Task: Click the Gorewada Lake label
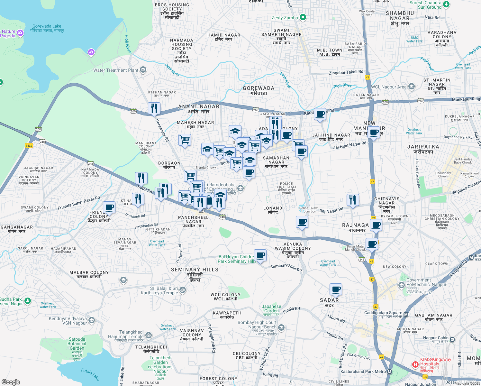coord(47,28)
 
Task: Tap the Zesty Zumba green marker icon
coord(303,17)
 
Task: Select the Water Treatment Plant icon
coord(143,70)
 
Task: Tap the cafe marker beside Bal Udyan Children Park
coord(260,255)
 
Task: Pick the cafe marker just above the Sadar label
coord(336,289)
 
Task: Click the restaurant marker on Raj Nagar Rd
coord(353,200)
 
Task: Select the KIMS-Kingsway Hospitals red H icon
coord(415,364)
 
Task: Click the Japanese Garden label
coord(271,309)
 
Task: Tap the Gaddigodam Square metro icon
coord(406,314)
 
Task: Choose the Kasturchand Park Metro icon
coord(390,372)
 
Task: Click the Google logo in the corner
coord(11,382)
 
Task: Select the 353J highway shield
coord(29,145)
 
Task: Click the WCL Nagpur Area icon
coord(412,87)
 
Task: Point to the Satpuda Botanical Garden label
coord(77,344)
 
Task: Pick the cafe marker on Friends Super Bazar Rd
coord(109,207)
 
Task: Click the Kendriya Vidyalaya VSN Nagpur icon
coord(92,320)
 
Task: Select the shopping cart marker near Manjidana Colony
coord(185,140)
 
